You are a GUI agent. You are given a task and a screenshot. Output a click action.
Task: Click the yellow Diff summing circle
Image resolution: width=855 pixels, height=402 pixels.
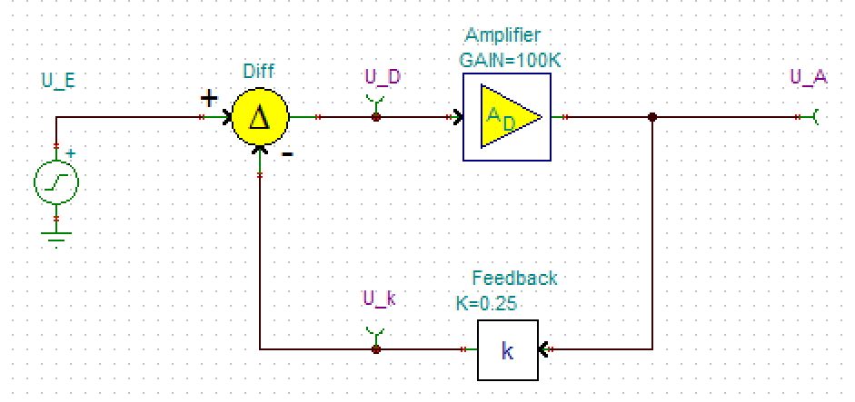(x=259, y=116)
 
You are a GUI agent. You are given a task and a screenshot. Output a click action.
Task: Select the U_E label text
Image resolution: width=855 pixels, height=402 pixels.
(x=58, y=81)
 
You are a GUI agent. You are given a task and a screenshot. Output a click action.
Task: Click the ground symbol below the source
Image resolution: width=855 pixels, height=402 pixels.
(x=56, y=237)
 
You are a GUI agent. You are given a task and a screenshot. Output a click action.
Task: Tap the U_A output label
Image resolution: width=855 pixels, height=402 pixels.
(x=808, y=77)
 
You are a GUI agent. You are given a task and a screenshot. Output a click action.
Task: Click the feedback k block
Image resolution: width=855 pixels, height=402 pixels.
(x=507, y=350)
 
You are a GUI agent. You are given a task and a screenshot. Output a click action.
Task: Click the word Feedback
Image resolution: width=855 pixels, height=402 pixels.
(x=514, y=278)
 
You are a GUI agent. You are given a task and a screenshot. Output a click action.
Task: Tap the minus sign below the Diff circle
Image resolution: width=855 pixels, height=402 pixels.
(x=287, y=153)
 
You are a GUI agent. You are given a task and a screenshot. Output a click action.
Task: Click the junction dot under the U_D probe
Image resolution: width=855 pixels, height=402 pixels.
(x=376, y=117)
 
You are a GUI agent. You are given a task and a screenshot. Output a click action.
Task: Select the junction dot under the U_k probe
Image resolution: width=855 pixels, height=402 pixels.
(x=376, y=348)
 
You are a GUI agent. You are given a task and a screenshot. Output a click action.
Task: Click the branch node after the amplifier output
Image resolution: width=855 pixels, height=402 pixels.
(x=652, y=117)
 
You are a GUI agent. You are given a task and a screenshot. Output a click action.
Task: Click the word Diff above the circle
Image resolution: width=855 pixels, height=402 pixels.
(x=259, y=71)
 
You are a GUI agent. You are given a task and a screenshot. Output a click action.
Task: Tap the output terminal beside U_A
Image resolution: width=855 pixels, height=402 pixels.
(x=814, y=117)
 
